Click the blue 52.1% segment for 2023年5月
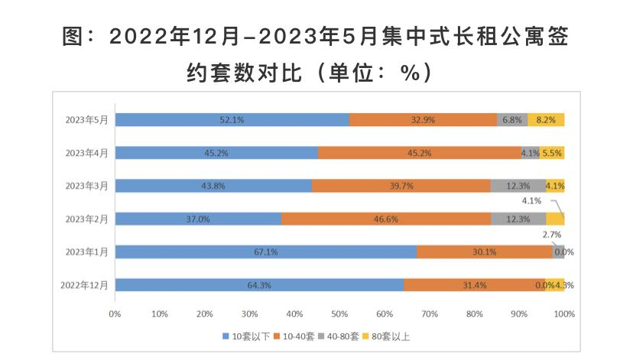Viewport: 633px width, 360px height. pos(232,119)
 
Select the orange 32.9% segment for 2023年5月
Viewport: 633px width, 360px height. pos(423,119)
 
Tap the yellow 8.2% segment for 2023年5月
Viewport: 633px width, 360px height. pos(546,119)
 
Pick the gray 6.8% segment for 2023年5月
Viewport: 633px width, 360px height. pos(512,119)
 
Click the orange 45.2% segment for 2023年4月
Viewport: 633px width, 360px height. pos(419,153)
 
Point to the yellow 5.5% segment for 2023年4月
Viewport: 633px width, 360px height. pos(552,153)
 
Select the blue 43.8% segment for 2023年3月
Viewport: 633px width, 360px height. pos(213,186)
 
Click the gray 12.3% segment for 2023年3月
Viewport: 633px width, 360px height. pos(518,186)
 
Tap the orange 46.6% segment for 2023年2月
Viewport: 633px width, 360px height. pos(386,219)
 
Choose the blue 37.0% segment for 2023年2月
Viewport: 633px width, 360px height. pos(198,219)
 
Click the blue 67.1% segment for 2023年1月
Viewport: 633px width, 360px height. pos(265,251)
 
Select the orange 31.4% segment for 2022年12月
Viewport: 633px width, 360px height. pos(474,285)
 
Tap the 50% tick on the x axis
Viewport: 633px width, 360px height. pos(339,313)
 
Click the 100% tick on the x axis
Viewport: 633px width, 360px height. pos(563,313)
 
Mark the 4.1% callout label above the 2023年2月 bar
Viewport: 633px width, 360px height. pos(532,201)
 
